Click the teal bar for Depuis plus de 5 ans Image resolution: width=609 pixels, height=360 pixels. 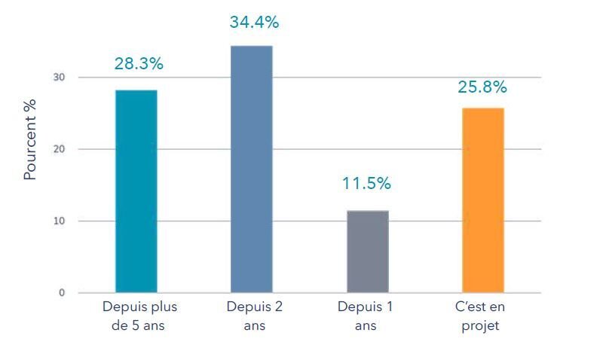click(x=136, y=191)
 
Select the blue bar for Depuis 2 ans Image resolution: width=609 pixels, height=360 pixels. click(x=252, y=169)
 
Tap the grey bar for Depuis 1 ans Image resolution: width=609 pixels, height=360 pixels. click(x=368, y=252)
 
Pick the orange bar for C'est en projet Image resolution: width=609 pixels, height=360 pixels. click(x=483, y=200)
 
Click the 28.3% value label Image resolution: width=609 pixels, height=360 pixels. click(x=139, y=63)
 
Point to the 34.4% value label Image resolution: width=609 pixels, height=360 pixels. click(x=255, y=22)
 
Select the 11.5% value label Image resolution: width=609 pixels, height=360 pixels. click(x=366, y=183)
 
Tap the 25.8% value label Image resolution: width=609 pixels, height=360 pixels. click(x=482, y=87)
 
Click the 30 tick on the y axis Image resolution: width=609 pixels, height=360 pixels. click(x=59, y=78)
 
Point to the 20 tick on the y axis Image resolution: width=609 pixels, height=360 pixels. click(x=59, y=149)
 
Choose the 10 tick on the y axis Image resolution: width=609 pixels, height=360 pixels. click(x=59, y=221)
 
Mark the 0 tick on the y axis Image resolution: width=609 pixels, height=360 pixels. click(x=62, y=293)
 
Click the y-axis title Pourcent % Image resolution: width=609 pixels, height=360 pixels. click(x=29, y=139)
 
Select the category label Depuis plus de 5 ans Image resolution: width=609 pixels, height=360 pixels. click(x=140, y=316)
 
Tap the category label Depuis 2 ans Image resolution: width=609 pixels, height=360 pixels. click(x=255, y=316)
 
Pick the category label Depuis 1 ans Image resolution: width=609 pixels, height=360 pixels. click(x=366, y=316)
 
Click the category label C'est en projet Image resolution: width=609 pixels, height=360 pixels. click(x=480, y=316)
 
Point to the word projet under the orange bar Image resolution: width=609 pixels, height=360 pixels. click(x=480, y=326)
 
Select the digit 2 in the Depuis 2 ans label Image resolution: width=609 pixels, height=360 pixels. click(x=278, y=307)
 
